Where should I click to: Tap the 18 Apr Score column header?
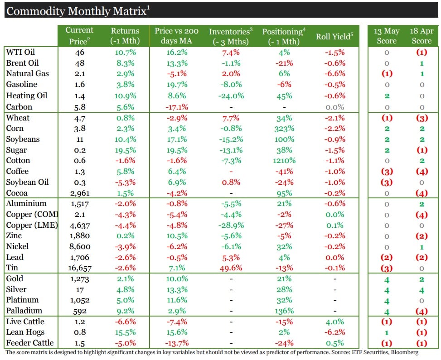[x=422, y=36]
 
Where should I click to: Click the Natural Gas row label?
[x=27, y=73]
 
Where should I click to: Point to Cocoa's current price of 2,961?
[x=79, y=193]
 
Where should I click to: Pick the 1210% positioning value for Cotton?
[x=285, y=160]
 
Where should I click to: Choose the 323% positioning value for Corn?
[x=285, y=128]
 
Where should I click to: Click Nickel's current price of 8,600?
[x=79, y=246]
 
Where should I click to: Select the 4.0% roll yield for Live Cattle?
[x=334, y=322]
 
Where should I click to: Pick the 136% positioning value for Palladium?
[x=285, y=311]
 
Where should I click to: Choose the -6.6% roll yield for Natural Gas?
[x=334, y=74]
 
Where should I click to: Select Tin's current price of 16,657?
[x=79, y=268]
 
